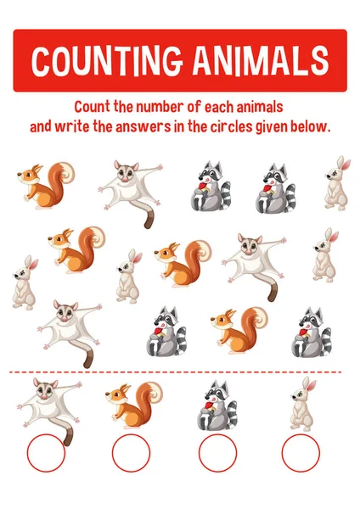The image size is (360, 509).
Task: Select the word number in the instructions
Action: coord(164,108)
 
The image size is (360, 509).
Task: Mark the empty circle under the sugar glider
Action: coord(45,454)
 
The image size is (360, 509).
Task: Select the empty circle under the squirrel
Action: coord(130,454)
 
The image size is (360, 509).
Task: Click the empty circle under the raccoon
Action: coord(217,454)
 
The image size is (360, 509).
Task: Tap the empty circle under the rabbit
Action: coord(301,454)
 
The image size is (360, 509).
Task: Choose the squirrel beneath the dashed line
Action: coord(134,405)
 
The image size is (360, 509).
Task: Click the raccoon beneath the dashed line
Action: coord(217,406)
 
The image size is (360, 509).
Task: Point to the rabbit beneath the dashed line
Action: coord(301,405)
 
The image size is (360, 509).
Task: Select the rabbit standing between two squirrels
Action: coord(128,276)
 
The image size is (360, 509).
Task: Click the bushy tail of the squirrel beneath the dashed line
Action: coord(151,394)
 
